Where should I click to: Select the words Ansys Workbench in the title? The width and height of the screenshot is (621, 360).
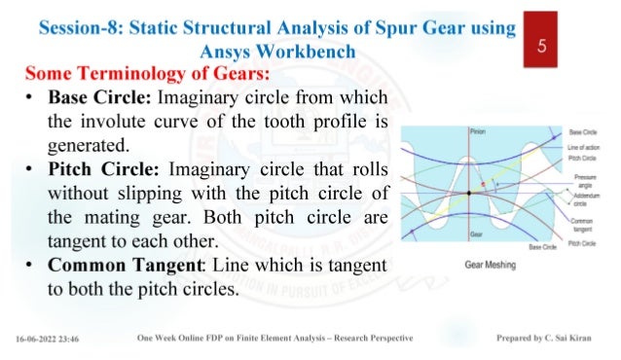click(273, 51)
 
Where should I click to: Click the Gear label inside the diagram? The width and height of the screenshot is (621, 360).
click(475, 234)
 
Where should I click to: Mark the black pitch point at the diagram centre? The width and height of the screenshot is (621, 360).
click(469, 194)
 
